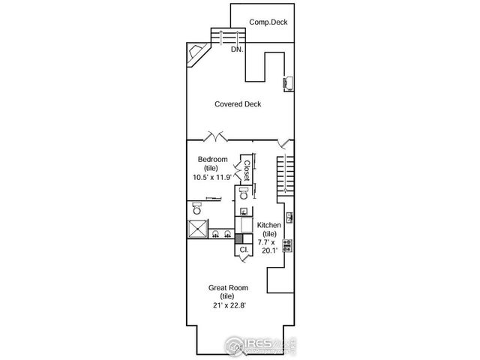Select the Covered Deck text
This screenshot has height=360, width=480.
pyautogui.click(x=238, y=104)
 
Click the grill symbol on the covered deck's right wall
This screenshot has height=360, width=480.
pyautogui.click(x=286, y=82)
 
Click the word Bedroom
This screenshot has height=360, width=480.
pyautogui.click(x=212, y=159)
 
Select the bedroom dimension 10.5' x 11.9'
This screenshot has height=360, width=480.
pyautogui.click(x=212, y=178)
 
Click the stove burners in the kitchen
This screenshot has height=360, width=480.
pyautogui.click(x=288, y=244)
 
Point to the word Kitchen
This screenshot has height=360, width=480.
pyautogui.click(x=269, y=225)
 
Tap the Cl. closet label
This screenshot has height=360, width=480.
pyautogui.click(x=244, y=249)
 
